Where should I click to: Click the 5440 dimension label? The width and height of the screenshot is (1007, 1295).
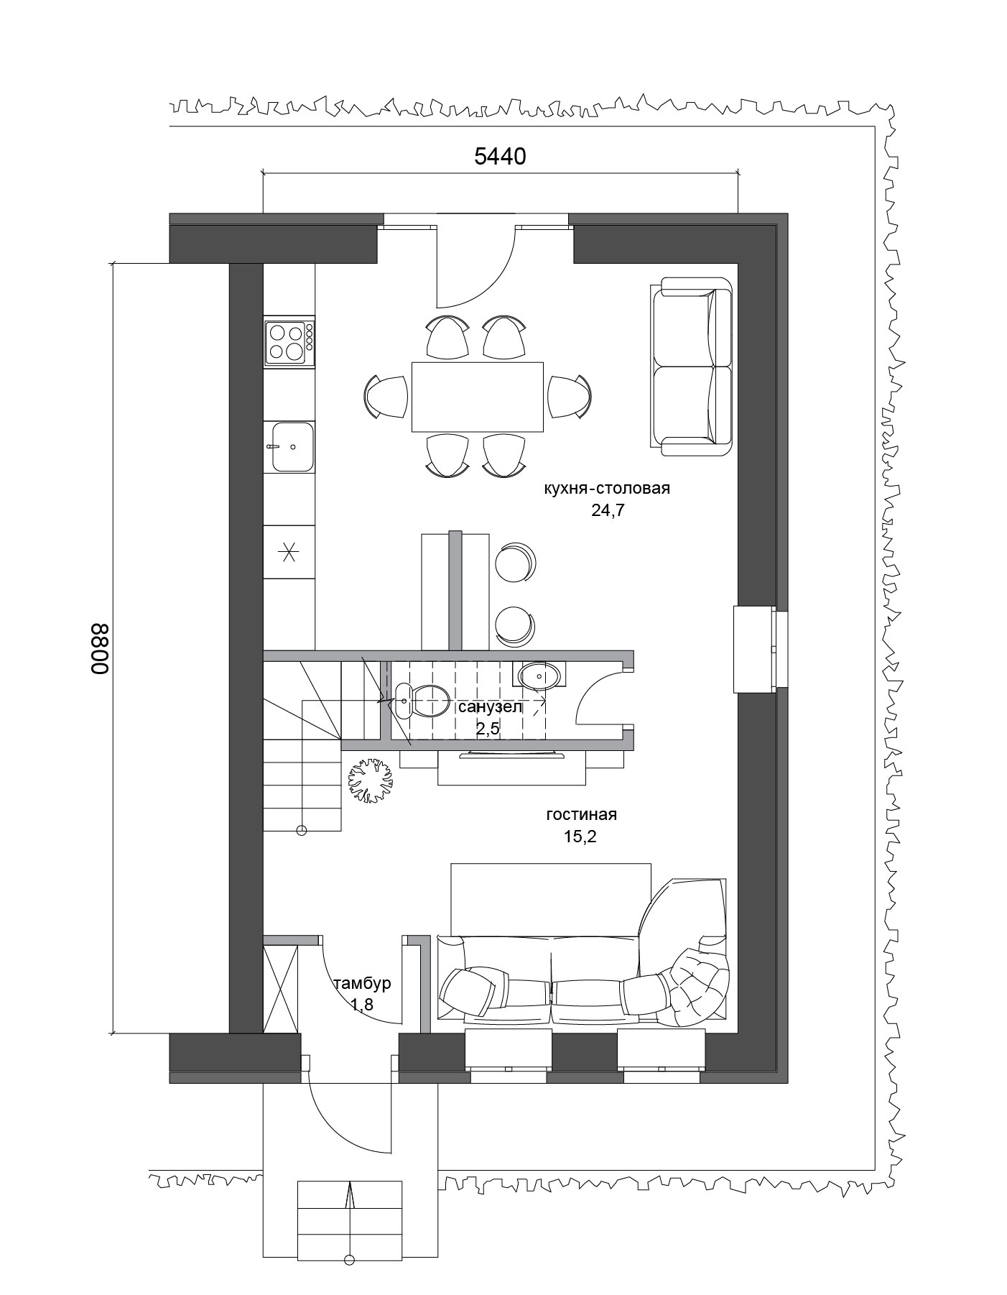[x=500, y=156]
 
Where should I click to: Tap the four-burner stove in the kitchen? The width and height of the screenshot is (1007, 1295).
[x=289, y=341]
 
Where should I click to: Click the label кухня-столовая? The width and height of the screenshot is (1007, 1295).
[x=607, y=489]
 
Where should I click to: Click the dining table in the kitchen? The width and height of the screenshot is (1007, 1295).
[x=477, y=397]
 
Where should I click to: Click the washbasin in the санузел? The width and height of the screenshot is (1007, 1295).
[x=539, y=675]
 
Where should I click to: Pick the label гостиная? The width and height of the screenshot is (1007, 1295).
[x=581, y=815]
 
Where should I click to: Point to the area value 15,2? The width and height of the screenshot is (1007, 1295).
[x=580, y=837]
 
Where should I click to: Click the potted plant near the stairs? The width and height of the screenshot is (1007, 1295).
[x=371, y=780]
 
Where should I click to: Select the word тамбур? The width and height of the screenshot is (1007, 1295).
[x=362, y=983]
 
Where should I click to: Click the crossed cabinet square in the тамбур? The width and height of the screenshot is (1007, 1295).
[x=281, y=989]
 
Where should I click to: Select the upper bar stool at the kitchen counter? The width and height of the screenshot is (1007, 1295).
[x=514, y=562]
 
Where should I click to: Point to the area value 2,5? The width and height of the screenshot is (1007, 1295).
[x=487, y=729]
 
